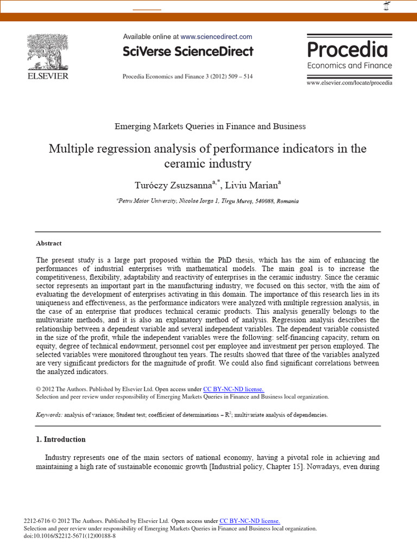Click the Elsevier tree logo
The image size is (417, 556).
[48, 52]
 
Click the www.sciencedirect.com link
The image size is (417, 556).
[216, 37]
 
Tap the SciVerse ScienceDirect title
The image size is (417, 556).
[188, 52]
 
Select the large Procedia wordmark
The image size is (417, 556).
[347, 49]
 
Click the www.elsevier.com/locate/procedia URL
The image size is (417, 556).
[349, 83]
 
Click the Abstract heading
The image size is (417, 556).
[49, 243]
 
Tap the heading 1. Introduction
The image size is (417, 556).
[61, 439]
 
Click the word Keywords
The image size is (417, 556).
[49, 415]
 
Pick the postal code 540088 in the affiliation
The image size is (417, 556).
[264, 201]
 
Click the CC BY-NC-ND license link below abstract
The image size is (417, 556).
[233, 389]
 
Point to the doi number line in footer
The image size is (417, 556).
[70, 535]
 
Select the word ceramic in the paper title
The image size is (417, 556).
[182, 163]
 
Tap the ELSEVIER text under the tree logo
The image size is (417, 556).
[48, 76]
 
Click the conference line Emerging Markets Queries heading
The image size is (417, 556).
[210, 127]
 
